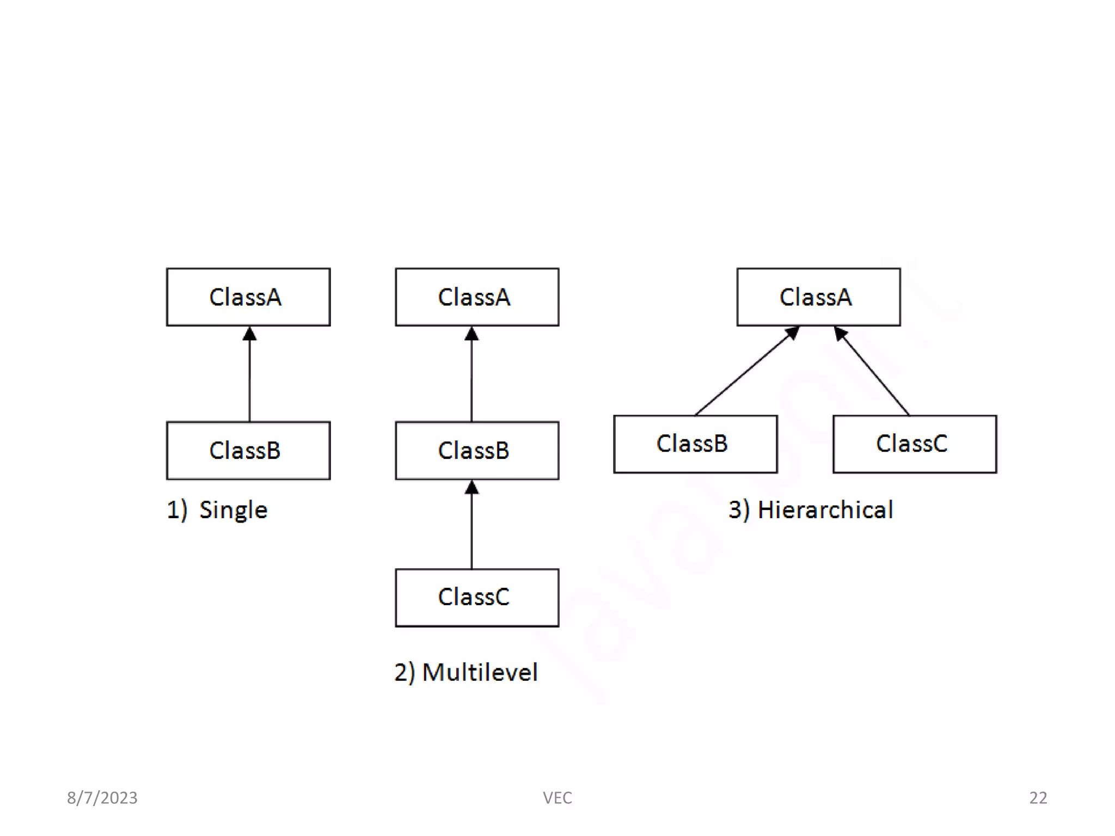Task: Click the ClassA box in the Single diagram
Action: pyautogui.click(x=248, y=297)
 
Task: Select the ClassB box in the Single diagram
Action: pyautogui.click(x=248, y=451)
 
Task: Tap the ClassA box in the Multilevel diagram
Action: pyautogui.click(x=477, y=297)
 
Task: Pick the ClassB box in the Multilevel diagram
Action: pyautogui.click(x=477, y=451)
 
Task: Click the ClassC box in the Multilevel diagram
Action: pyautogui.click(x=477, y=598)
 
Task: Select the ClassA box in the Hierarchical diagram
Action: pyautogui.click(x=818, y=297)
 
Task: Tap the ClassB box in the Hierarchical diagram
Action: pyautogui.click(x=695, y=444)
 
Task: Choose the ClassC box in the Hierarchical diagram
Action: pyautogui.click(x=915, y=444)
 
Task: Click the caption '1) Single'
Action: pyautogui.click(x=217, y=510)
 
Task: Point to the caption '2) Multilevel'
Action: pyautogui.click(x=466, y=672)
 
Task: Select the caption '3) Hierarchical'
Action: pyautogui.click(x=811, y=510)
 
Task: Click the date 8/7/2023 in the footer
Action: pyautogui.click(x=102, y=798)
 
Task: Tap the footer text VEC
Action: pyautogui.click(x=557, y=798)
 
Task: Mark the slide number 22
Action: pyautogui.click(x=1038, y=798)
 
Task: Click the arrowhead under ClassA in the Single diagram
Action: pyautogui.click(x=249, y=334)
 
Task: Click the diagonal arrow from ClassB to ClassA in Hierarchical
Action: pyautogui.click(x=746, y=372)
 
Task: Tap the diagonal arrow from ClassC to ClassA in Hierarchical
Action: pyautogui.click(x=872, y=372)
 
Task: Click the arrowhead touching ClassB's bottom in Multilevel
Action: pyautogui.click(x=471, y=488)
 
